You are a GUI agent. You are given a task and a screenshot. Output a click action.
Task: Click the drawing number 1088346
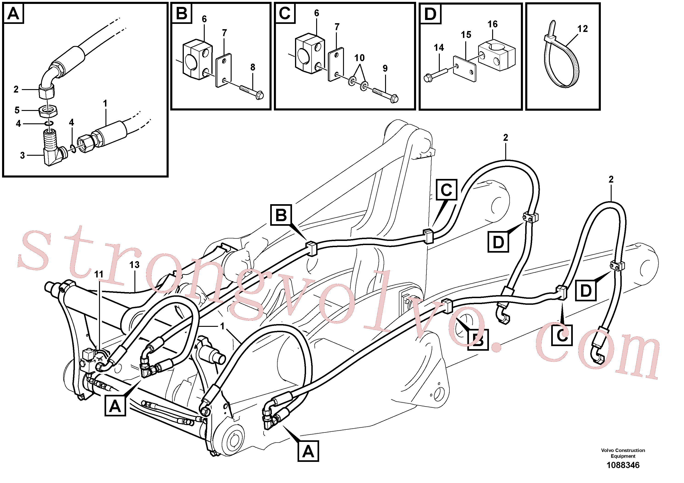pos(623,465)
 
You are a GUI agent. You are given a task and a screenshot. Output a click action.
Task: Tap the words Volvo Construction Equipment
pos(623,453)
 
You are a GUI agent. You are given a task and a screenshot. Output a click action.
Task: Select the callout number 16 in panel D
pos(492,24)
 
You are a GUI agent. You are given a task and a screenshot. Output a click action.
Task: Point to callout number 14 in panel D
pos(439,48)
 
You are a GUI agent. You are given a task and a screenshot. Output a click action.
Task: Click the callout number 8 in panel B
pos(253,67)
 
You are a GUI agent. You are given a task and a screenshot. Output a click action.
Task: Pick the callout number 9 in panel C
pos(385,68)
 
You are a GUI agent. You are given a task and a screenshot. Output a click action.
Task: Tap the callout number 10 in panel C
pos(359,58)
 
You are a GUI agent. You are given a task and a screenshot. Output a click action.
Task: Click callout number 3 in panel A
pos(22,155)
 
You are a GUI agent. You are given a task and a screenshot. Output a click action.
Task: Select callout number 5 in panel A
pos(17,110)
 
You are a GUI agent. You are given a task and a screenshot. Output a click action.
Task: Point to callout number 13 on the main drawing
pos(134,265)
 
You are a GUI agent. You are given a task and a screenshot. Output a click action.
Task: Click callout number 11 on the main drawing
pos(99,274)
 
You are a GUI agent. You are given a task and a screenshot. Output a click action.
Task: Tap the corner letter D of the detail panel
pos(430,14)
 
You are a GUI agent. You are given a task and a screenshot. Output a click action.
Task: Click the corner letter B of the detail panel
pos(182,13)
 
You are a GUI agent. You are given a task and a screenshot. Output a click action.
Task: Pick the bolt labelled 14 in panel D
pos(435,75)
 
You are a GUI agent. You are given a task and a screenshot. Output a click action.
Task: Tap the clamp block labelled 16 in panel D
pos(496,55)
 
